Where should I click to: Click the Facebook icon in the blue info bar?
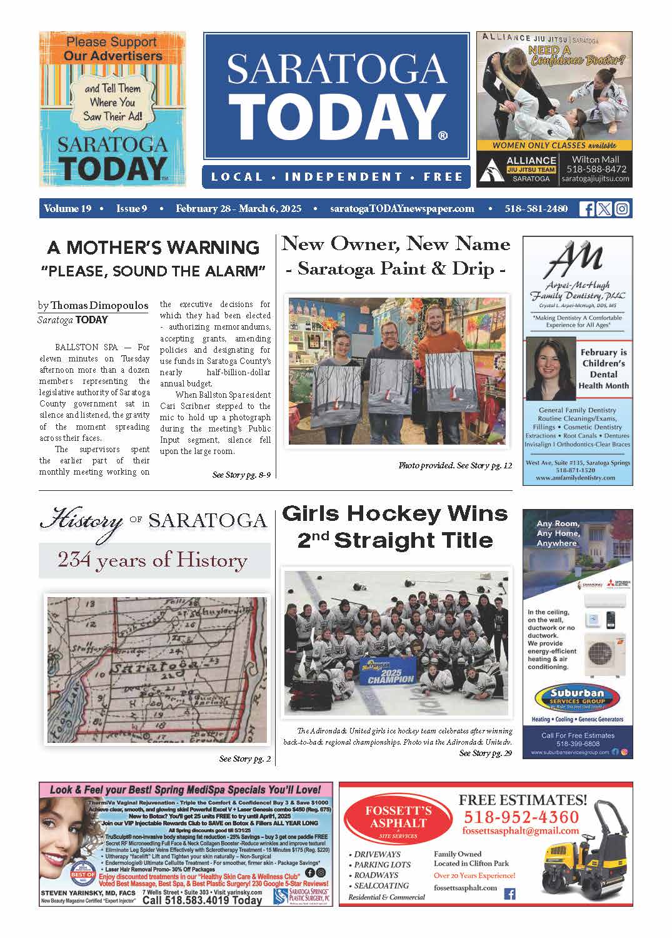[x=587, y=209]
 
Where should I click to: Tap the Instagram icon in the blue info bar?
[x=621, y=209]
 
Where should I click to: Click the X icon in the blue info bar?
[x=604, y=209]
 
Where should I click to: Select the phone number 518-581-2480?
[x=536, y=209]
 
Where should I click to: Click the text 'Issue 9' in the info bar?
[x=131, y=209]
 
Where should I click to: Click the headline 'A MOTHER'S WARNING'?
[x=153, y=248]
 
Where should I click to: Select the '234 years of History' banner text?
[x=153, y=560]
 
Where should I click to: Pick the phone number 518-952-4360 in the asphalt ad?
[x=521, y=817]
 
